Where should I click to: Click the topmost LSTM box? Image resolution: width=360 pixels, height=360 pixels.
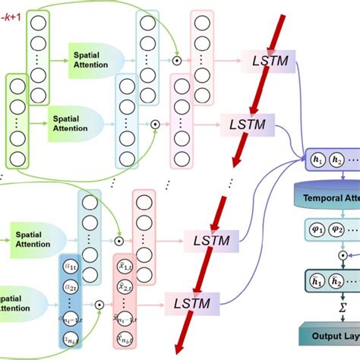(x=270, y=60)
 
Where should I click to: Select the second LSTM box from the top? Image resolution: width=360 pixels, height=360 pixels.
(x=247, y=122)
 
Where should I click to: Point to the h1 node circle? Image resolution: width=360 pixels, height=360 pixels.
(x=315, y=162)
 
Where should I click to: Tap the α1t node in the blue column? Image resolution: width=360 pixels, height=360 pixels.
(x=71, y=267)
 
